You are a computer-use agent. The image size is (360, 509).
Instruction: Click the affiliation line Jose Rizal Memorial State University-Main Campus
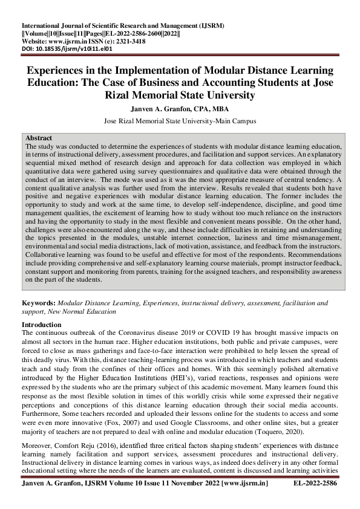point(180,121)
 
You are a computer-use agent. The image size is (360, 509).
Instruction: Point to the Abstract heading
point(39,138)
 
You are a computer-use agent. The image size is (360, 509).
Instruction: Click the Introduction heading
point(45,325)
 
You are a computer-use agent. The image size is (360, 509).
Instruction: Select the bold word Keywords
point(38,302)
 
